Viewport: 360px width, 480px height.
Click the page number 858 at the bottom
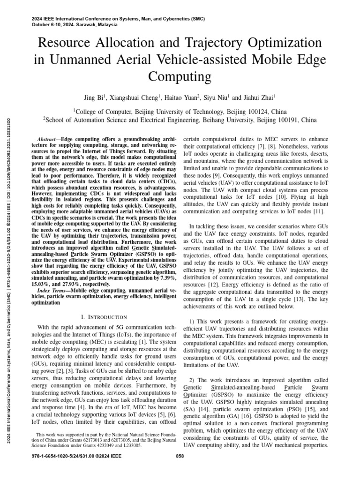pyautogui.click(x=180, y=469)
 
